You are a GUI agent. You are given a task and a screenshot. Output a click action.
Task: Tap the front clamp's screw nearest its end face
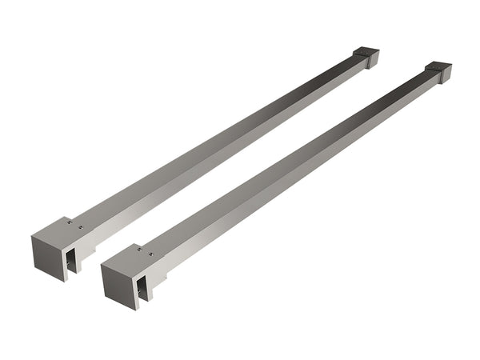click(139, 249)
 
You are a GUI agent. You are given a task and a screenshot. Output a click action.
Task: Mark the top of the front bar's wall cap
click(439, 66)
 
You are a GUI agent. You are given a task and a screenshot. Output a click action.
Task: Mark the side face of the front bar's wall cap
click(442, 77)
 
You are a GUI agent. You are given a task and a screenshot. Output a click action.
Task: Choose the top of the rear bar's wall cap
click(367, 52)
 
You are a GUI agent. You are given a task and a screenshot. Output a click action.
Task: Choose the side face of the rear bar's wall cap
click(370, 62)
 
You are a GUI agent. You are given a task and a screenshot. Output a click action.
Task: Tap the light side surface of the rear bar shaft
click(228, 156)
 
